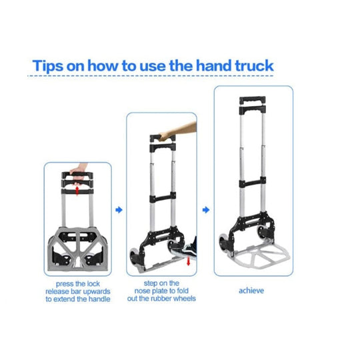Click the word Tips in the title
(x=47, y=66)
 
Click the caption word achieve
(x=251, y=291)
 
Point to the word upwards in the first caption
(x=97, y=291)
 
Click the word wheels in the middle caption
(x=185, y=299)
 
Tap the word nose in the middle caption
(x=143, y=291)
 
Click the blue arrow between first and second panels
(x=119, y=210)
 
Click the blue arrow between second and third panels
(x=206, y=210)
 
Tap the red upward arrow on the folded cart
(x=77, y=191)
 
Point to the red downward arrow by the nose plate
(x=188, y=261)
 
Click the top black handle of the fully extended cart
(x=252, y=100)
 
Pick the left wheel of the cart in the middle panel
(x=134, y=257)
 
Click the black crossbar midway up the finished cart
(x=252, y=182)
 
